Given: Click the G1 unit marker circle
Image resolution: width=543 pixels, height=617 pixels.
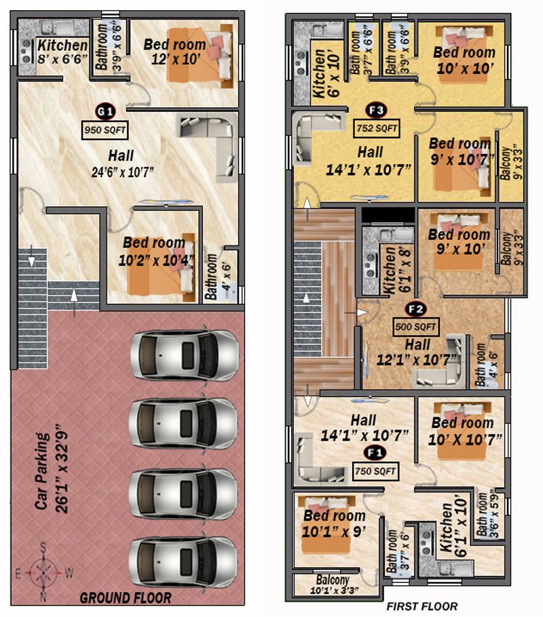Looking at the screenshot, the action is click(x=105, y=112).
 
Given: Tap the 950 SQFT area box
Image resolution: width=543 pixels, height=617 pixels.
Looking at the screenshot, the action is click(x=105, y=130).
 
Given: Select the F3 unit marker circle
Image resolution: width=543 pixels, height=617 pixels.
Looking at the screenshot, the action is click(x=376, y=110).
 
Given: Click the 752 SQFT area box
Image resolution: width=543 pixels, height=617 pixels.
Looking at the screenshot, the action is click(x=377, y=128).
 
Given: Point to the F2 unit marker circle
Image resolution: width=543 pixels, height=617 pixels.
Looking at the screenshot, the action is click(x=416, y=309).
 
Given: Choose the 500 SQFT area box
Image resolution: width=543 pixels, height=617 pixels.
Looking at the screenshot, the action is click(x=416, y=327).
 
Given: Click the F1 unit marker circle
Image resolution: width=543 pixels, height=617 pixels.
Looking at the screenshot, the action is click(x=375, y=454).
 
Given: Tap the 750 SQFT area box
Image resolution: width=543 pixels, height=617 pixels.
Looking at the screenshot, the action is click(x=375, y=471).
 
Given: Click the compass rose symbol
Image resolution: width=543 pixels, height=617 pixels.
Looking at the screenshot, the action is click(x=43, y=572).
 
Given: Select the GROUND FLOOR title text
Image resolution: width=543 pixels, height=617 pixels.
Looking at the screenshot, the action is click(x=126, y=598).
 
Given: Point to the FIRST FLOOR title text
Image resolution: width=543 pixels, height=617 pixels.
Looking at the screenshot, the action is click(x=422, y=606).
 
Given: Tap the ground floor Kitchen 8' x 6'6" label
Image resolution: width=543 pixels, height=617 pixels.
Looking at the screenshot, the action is click(x=62, y=52).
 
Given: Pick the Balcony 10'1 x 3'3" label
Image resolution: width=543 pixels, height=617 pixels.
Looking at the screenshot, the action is click(x=334, y=584).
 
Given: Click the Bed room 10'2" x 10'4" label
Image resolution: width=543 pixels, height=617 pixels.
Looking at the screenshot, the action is click(x=155, y=251).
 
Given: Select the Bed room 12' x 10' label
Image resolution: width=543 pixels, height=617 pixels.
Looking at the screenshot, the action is click(x=175, y=51).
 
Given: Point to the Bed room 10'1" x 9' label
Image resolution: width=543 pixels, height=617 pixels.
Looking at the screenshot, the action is click(x=334, y=523).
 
